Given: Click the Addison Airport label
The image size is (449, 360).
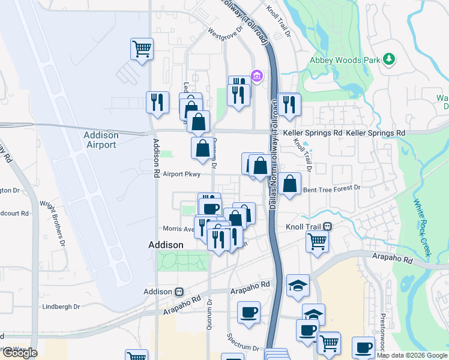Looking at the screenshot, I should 100,140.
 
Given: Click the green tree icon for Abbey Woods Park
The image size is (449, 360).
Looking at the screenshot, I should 390,59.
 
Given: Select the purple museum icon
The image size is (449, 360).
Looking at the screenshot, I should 258,76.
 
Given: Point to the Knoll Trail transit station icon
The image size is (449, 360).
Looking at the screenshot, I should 328,226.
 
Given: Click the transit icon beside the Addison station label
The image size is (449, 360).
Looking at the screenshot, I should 179,292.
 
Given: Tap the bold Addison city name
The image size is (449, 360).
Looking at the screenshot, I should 166,245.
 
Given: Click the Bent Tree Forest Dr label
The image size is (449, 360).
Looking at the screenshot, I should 332,188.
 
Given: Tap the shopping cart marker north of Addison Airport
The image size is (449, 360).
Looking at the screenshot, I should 142,48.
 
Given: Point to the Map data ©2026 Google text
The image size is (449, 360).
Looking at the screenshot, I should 412,355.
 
